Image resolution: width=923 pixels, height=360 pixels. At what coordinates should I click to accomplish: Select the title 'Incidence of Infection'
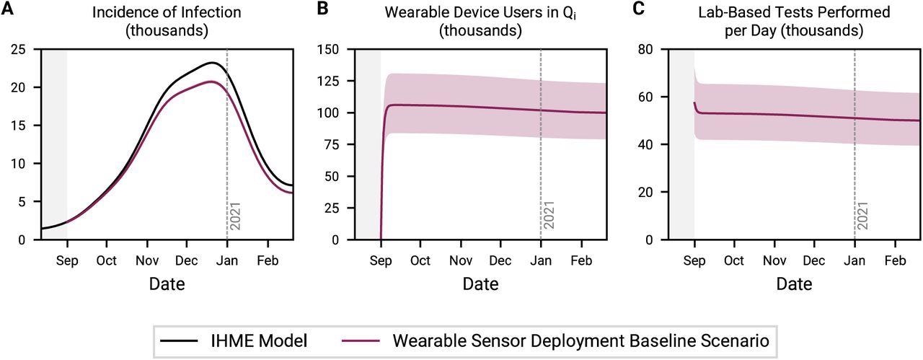pyautogui.click(x=167, y=12)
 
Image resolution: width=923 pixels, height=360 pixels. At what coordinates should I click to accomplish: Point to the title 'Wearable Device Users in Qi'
pyautogui.click(x=482, y=12)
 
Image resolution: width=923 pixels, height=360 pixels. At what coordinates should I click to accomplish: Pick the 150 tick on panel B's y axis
pyautogui.click(x=335, y=50)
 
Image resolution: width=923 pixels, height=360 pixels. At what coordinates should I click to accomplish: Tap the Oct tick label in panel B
pyautogui.click(x=420, y=260)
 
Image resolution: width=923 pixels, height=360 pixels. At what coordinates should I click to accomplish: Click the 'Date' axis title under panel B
pyautogui.click(x=481, y=284)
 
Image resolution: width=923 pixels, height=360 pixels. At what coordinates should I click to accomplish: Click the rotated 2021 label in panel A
pyautogui.click(x=235, y=216)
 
